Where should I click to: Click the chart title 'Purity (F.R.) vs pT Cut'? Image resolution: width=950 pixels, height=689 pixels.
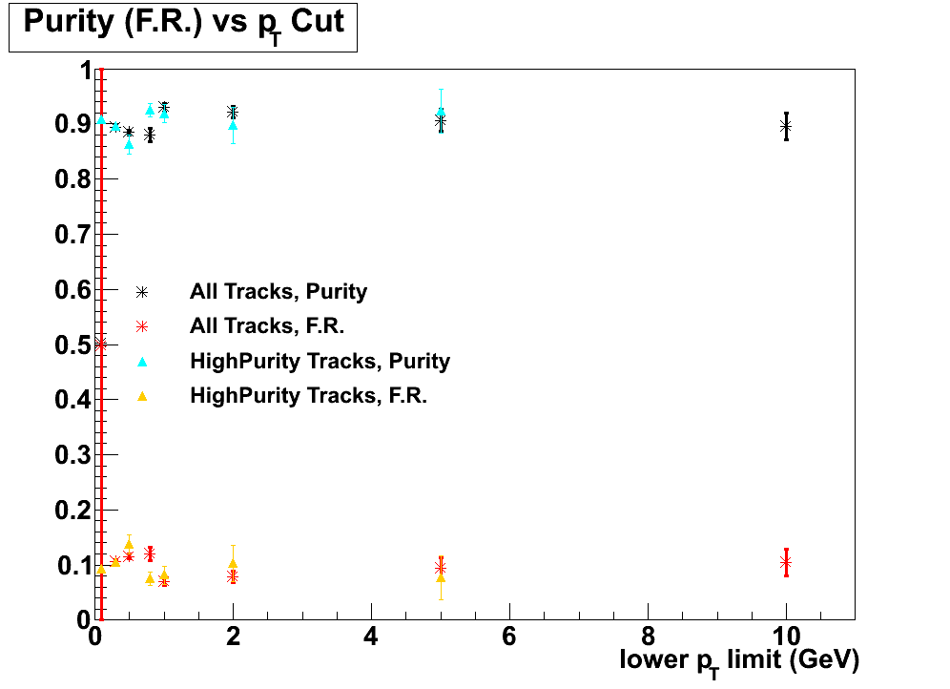[183, 24]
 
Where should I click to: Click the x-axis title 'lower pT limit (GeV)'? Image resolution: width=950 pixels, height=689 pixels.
[739, 659]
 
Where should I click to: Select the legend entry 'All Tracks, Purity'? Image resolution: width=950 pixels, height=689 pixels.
[279, 291]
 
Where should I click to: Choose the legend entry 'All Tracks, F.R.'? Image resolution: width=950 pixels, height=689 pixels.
[267, 325]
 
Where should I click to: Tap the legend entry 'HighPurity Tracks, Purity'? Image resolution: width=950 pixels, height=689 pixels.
[320, 361]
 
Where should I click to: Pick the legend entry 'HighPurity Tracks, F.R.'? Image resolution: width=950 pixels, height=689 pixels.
[308, 395]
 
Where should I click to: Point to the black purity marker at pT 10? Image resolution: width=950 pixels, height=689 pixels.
[786, 126]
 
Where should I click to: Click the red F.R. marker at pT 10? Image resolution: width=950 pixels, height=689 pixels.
[786, 562]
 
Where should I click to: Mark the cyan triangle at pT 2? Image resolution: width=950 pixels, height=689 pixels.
[233, 126]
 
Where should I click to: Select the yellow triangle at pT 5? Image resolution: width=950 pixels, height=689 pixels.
[441, 577]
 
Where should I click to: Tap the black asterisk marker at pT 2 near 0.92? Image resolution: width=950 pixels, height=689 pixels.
[233, 113]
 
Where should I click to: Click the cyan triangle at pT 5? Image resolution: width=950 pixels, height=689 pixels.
[441, 113]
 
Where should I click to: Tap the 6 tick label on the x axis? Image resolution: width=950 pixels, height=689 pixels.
[509, 637]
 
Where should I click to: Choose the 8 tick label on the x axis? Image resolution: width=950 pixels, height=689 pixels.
[648, 637]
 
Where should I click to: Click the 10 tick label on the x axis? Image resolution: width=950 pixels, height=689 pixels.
[786, 637]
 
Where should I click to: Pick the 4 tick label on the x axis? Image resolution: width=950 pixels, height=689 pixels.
[371, 637]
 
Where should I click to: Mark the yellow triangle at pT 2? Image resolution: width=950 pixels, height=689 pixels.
[233, 564]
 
